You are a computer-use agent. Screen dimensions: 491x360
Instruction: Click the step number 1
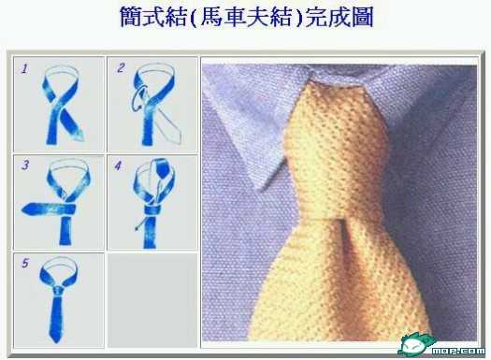24,68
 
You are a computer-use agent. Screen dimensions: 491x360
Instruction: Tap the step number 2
121,68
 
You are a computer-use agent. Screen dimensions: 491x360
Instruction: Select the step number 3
25,166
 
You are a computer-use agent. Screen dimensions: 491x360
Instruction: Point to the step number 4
118,166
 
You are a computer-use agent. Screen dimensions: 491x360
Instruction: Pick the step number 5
25,263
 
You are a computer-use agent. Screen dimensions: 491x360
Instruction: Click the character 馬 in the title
211,16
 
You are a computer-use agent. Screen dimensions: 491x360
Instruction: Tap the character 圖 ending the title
363,16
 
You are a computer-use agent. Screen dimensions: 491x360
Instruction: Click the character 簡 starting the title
132,16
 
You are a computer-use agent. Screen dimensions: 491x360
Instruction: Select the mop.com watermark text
458,351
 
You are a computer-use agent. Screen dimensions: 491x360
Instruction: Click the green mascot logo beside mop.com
415,345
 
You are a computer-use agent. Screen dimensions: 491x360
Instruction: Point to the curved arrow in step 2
138,97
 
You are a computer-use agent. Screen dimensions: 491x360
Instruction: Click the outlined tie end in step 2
169,125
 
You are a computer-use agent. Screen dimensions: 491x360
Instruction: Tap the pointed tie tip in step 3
22,209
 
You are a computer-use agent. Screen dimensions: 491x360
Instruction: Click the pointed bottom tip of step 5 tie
57,342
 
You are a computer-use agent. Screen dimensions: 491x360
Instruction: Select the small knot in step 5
59,291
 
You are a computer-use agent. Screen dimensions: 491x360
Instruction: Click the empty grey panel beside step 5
152,300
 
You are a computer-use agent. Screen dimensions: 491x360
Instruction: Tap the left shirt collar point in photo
261,189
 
